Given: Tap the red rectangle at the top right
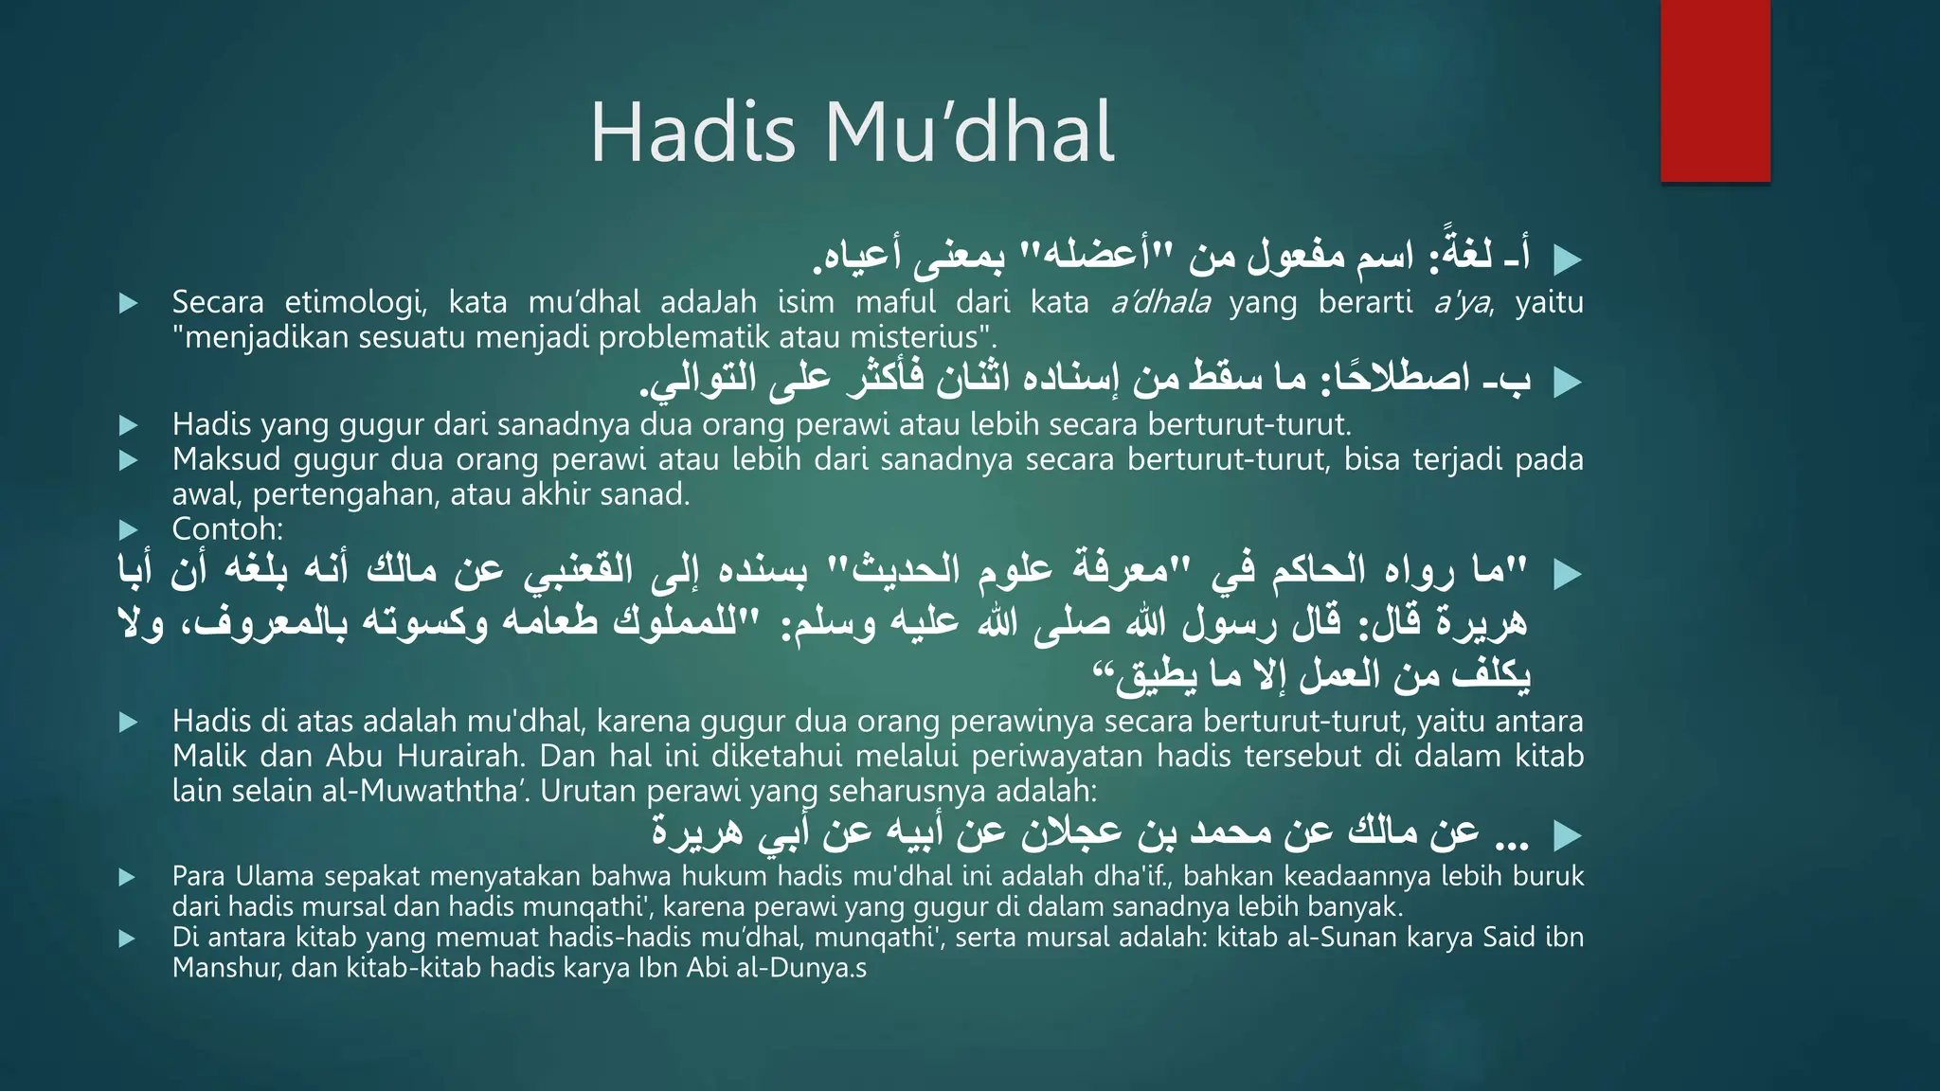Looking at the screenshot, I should click(x=1715, y=91).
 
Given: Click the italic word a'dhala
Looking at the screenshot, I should click(x=1160, y=302).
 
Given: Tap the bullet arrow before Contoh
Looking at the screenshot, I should click(x=129, y=529).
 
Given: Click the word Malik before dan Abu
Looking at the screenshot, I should click(x=210, y=756).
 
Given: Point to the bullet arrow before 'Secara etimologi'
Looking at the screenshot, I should click(x=129, y=303).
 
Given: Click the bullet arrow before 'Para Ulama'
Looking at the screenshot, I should click(x=128, y=877).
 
